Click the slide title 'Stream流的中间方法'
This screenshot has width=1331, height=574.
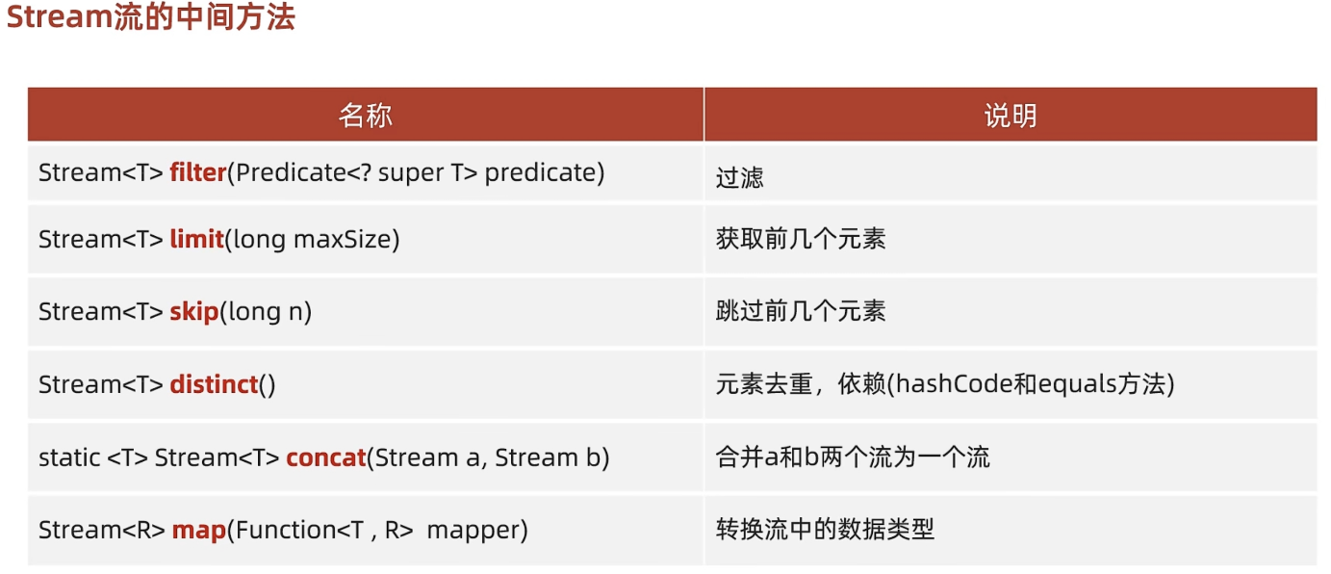150,18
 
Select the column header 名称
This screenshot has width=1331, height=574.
365,116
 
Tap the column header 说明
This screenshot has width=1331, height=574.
1010,116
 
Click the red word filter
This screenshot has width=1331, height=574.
197,172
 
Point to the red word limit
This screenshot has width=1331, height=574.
196,239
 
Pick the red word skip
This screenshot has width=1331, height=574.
194,311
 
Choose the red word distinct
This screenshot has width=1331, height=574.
214,384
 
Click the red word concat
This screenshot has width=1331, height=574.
325,457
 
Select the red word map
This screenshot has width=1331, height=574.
199,529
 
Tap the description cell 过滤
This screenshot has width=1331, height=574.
739,177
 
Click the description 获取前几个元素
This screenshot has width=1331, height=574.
801,239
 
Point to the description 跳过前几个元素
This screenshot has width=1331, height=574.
801,311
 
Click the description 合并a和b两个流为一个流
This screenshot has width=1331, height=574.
853,457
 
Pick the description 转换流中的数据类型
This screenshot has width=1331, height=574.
825,529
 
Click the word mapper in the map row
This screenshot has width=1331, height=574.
477,530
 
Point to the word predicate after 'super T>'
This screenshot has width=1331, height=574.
544,173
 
